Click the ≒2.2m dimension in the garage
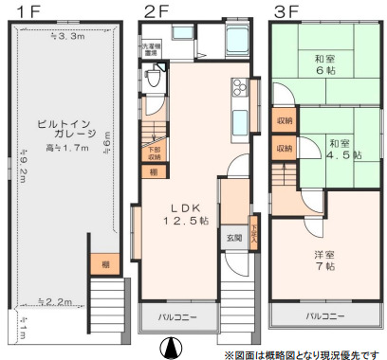point(59,301)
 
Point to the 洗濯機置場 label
point(151,47)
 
